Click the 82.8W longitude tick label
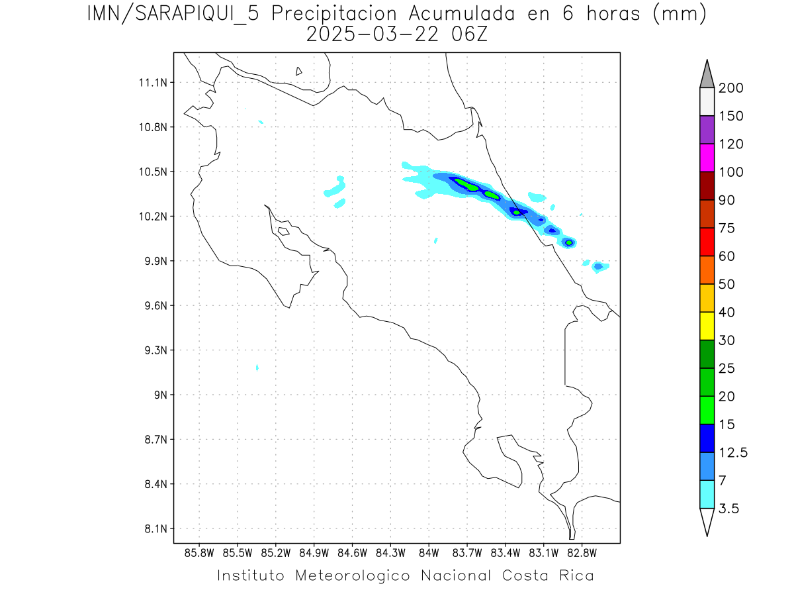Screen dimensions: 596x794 coord(582,552)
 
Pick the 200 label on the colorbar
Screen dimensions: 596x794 coord(731,88)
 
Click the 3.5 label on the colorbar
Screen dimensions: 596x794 coord(728,509)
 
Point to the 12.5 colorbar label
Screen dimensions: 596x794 coord(732,452)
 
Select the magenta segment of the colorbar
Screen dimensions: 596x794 coord(706,158)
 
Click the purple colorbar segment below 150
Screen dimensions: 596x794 coord(706,130)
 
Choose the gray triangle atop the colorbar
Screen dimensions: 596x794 coord(706,75)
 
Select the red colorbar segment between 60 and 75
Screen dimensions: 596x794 coord(706,242)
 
